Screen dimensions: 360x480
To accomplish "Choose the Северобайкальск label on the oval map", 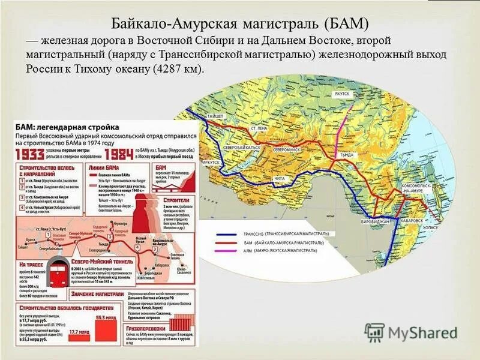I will [x=242, y=146].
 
